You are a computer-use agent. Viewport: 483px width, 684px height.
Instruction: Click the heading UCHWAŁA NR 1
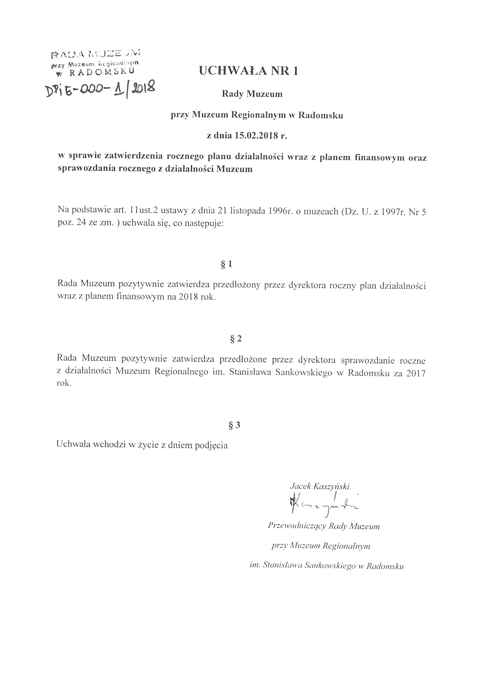coord(248,71)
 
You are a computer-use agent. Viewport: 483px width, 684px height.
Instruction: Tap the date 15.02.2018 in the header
coord(256,135)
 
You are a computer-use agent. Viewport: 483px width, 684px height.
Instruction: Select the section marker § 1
coord(226,264)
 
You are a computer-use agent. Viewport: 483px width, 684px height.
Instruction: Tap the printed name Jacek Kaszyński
coord(320,487)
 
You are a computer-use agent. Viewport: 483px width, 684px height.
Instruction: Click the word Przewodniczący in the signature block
coord(297,526)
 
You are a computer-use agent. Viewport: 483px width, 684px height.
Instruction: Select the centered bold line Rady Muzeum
coord(252,94)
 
